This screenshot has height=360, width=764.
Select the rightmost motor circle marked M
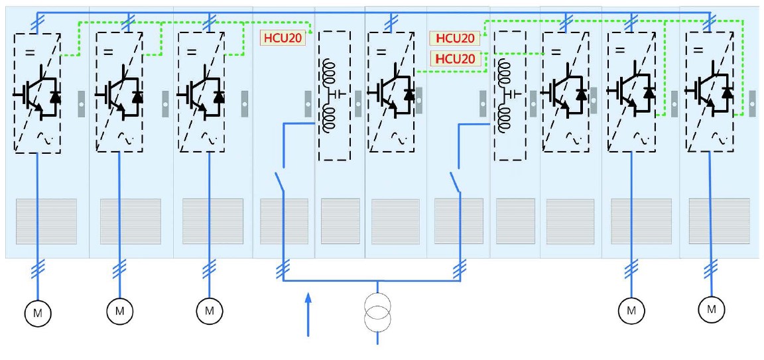point(712,308)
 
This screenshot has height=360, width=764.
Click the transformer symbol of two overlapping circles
point(378,312)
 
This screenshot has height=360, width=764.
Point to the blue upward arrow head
point(308,302)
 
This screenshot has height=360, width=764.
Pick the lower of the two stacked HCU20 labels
point(455,59)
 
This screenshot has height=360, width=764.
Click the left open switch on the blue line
point(280,180)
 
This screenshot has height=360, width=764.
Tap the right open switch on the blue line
point(456,180)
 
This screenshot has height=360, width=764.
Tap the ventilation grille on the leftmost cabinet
point(46,221)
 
